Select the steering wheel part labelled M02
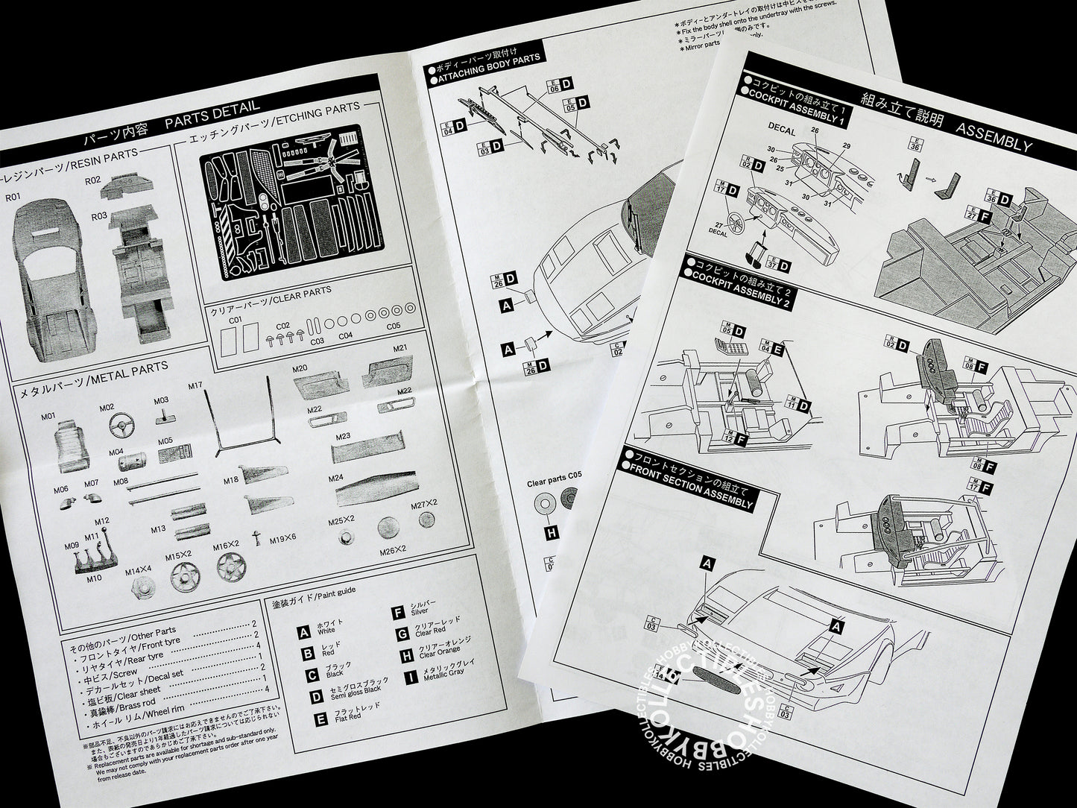coord(119,428)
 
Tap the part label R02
coord(92,180)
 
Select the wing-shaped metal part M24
coord(366,492)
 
